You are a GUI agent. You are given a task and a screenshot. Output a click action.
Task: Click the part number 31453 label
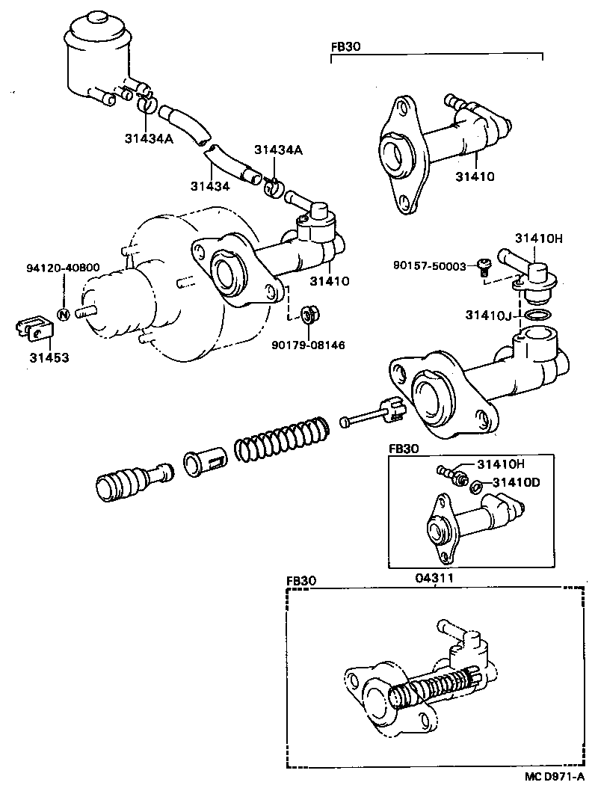click(49, 358)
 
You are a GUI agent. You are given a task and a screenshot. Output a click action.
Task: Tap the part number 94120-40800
click(63, 268)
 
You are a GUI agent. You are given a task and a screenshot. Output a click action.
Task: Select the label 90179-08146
click(308, 345)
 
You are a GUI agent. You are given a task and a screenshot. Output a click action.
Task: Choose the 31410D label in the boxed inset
click(517, 481)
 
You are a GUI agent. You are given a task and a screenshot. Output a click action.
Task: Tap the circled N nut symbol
click(64, 314)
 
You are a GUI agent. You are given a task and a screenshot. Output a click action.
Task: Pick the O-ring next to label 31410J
click(536, 316)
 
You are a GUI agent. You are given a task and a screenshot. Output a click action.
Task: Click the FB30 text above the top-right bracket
click(345, 46)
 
